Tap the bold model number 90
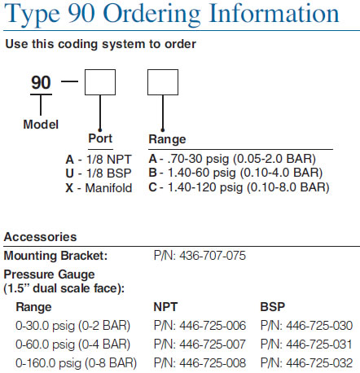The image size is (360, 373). (x=41, y=82)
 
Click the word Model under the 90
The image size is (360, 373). (x=41, y=125)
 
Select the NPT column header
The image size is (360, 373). (x=165, y=307)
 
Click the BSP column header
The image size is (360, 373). (x=272, y=307)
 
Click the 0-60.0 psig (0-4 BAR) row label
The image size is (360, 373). (x=73, y=344)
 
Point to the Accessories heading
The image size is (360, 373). (x=40, y=237)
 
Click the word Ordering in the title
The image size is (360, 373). (x=152, y=14)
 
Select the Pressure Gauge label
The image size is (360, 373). (x=49, y=274)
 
